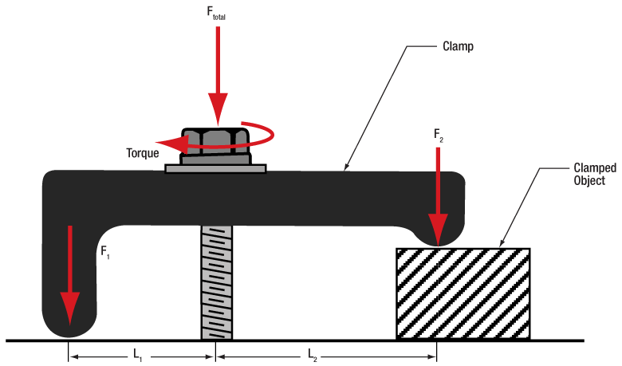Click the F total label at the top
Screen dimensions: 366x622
217,13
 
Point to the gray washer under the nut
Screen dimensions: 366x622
215,168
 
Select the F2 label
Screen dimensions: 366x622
439,136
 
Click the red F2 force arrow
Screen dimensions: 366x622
438,191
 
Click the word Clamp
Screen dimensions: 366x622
458,46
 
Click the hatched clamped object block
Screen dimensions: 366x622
463,293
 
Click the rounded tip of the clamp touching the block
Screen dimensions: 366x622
437,235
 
